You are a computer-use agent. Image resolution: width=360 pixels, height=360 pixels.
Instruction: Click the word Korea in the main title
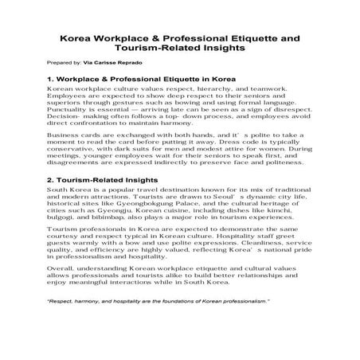tap(77, 37)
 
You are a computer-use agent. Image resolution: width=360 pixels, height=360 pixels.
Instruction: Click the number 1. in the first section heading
tap(51, 80)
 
